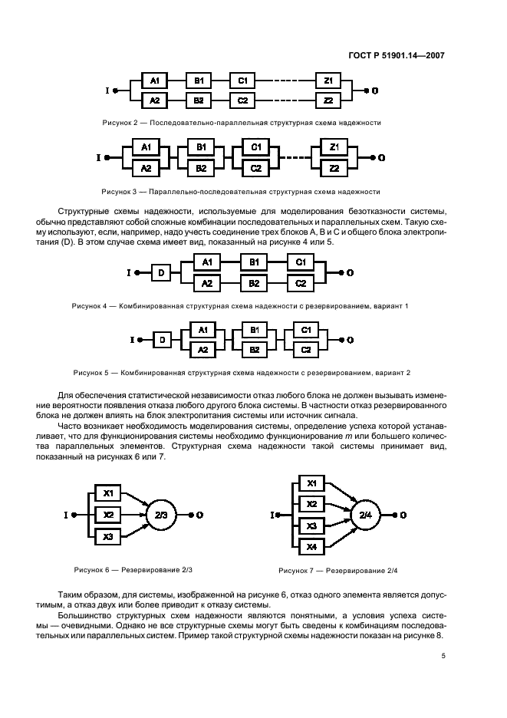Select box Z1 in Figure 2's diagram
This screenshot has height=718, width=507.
[x=328, y=81]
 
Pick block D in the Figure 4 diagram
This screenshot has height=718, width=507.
[x=160, y=273]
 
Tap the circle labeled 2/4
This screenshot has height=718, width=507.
[x=365, y=515]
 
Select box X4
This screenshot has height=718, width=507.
[x=311, y=547]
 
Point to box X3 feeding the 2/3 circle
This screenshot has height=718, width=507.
[x=108, y=537]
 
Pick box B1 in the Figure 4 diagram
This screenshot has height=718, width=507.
[x=252, y=263]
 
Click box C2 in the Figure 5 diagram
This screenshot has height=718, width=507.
[x=305, y=349]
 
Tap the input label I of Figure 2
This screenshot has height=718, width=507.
[x=106, y=91]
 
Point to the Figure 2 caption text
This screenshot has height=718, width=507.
[x=242, y=123]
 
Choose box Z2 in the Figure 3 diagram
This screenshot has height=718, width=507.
[x=334, y=168]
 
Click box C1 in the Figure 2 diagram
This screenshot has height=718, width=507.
[x=242, y=81]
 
